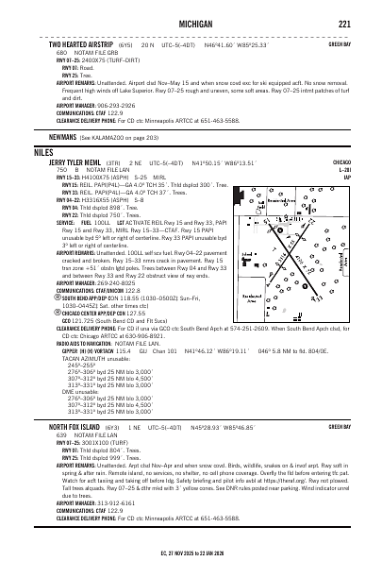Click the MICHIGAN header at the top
tap(191, 24)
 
